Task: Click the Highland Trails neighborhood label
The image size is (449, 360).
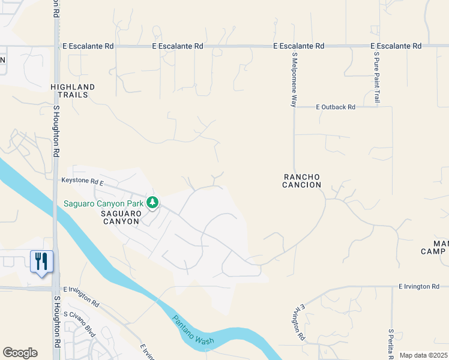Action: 73,91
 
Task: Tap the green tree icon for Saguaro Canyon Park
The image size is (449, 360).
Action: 153,203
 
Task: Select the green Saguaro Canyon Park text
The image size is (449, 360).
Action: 104,203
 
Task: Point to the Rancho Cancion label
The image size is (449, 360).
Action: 302,181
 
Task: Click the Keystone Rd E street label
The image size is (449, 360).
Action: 83,181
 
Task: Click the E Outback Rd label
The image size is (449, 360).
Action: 336,107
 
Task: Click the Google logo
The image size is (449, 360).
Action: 20,353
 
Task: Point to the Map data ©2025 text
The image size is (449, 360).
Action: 423,355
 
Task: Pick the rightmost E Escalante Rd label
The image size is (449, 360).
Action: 396,46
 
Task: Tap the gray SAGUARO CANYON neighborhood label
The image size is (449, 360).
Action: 120,217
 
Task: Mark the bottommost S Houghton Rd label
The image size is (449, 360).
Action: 57,327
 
